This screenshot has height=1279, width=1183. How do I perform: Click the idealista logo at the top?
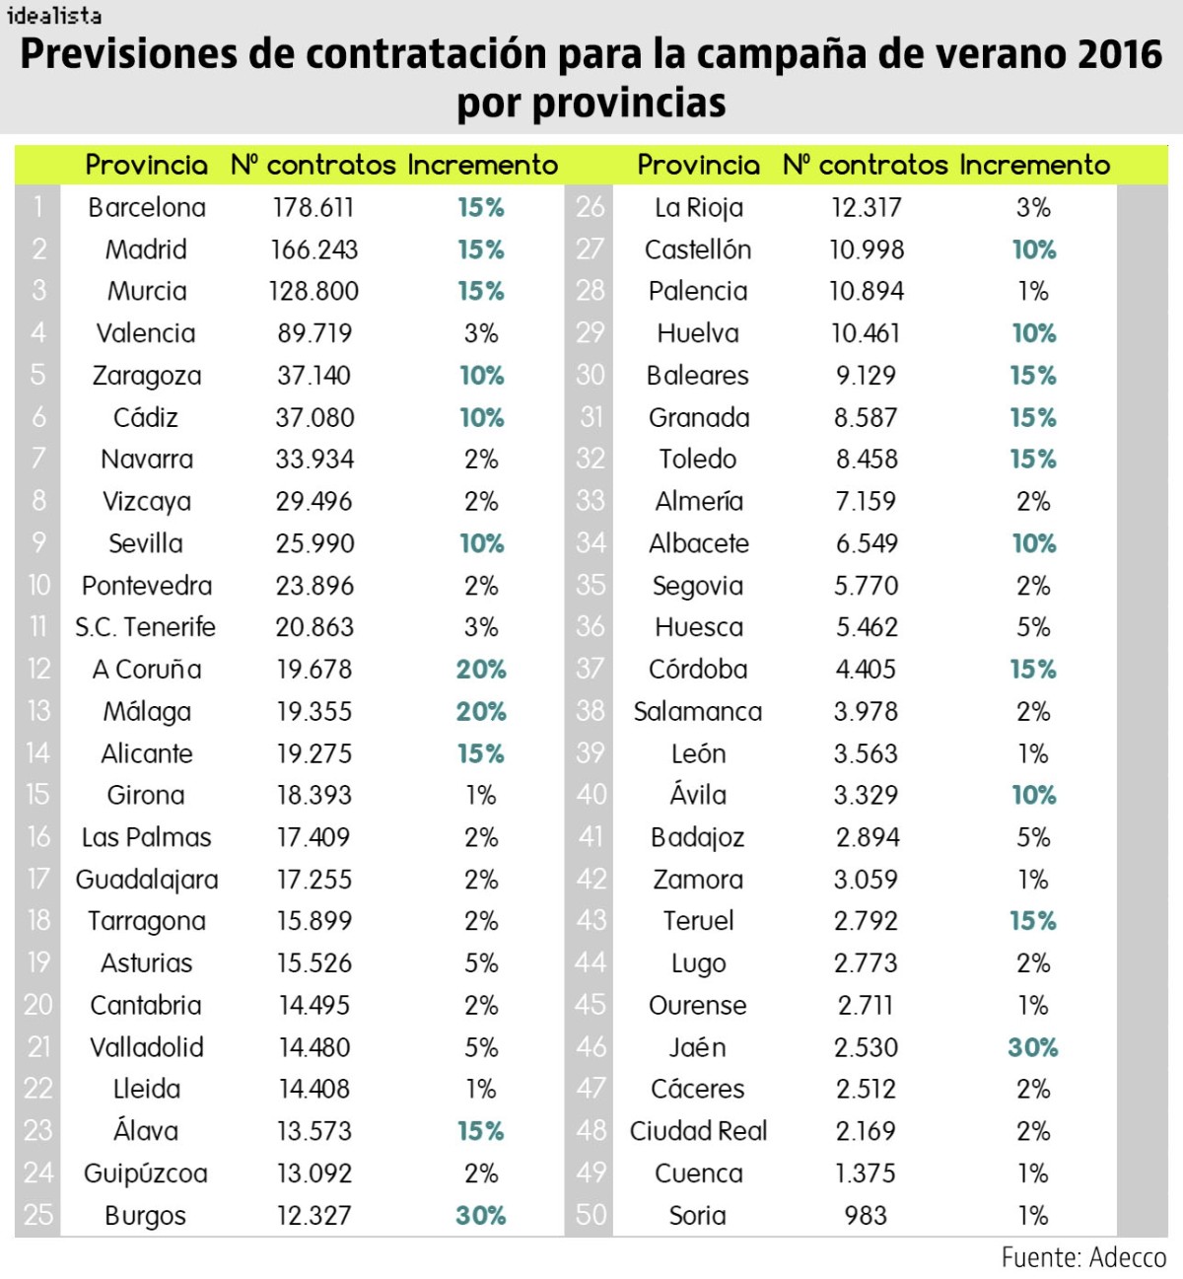(53, 15)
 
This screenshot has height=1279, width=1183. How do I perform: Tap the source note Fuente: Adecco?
(1083, 1257)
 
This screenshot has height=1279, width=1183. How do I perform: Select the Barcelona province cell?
(147, 208)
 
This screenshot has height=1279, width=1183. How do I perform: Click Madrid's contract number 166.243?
(314, 249)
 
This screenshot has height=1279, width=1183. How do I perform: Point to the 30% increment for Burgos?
(481, 1215)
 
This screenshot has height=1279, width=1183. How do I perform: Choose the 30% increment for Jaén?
(1032, 1047)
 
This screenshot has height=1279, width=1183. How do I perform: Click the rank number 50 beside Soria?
(591, 1215)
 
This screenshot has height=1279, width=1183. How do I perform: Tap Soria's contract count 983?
(866, 1215)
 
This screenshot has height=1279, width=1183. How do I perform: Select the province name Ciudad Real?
(698, 1131)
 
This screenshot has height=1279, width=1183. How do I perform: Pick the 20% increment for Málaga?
(481, 711)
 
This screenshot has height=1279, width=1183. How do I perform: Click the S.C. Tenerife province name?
(146, 627)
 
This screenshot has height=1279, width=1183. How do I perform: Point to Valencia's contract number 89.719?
(314, 333)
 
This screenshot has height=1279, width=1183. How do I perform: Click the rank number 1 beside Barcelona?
(38, 208)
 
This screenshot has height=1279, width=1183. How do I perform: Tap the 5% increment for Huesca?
(1033, 627)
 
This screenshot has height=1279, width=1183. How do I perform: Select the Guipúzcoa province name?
(146, 1173)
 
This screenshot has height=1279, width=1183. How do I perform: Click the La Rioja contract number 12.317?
(867, 208)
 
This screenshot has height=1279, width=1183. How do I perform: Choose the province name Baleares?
(698, 376)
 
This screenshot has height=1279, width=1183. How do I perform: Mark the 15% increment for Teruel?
(1032, 921)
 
